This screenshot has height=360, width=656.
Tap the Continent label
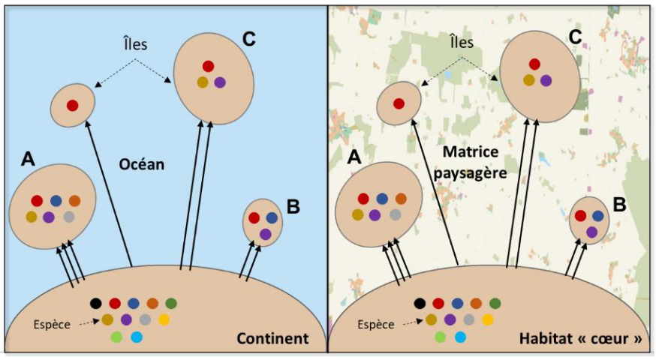point(272,339)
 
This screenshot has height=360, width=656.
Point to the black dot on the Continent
point(95,304)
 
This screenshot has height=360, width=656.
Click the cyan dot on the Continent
point(136,337)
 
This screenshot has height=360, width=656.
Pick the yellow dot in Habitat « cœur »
point(488,319)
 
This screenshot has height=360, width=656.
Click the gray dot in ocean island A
point(69,217)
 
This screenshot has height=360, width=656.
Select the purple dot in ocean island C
point(220,82)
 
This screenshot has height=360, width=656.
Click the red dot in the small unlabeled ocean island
point(72,106)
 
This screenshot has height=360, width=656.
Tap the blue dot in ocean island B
point(272,217)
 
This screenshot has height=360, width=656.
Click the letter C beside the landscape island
point(575,36)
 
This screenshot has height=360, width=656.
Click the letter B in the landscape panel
point(619,204)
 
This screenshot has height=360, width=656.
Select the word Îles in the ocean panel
point(135,43)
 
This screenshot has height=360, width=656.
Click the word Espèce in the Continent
point(52,325)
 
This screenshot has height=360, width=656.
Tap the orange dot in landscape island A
point(400,199)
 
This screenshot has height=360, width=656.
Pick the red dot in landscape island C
point(534,64)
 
